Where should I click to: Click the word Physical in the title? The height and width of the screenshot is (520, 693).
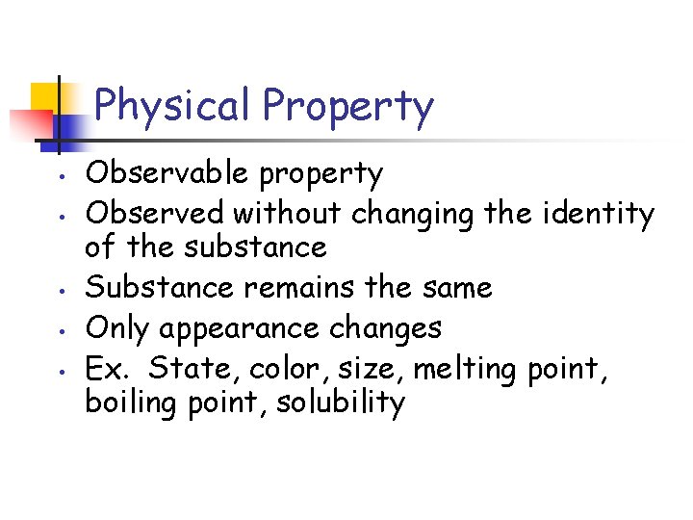coord(173,106)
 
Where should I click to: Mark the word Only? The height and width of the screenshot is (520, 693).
coord(118,328)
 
